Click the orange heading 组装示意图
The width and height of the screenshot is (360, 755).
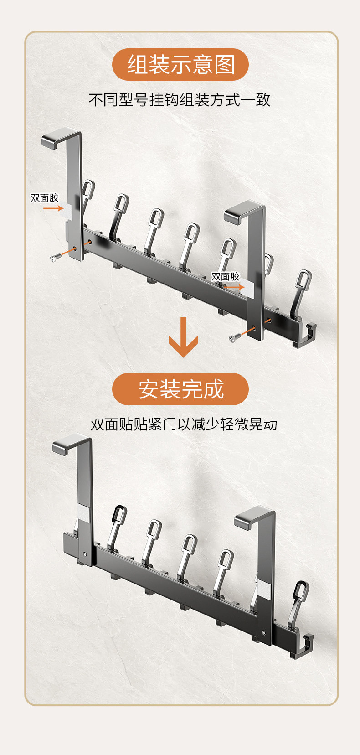[x=180, y=64]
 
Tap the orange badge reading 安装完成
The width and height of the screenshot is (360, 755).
[x=180, y=389]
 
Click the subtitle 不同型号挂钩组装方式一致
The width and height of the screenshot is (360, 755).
[x=180, y=99]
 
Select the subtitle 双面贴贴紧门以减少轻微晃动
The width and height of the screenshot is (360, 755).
[x=184, y=424]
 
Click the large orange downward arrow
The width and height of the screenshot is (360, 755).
[x=183, y=337]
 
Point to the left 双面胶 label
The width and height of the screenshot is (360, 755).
[x=45, y=198]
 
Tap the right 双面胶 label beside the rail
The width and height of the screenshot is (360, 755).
[x=225, y=277]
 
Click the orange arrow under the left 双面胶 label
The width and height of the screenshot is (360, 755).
[x=53, y=208]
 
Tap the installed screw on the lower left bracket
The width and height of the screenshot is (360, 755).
[x=86, y=554]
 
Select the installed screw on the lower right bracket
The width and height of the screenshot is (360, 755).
[x=264, y=632]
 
